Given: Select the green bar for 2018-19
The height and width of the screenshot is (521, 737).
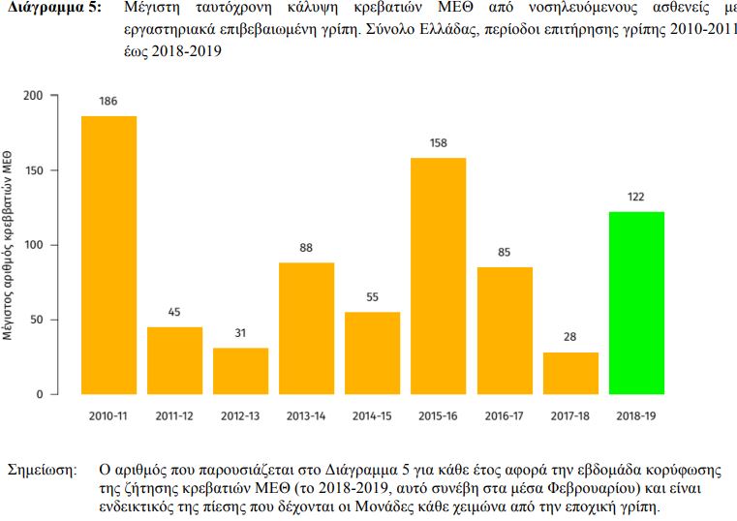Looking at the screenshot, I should [636, 302].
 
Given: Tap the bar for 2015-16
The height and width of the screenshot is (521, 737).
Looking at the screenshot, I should [438, 275].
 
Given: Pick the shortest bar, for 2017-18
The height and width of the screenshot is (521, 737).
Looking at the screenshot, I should [570, 373].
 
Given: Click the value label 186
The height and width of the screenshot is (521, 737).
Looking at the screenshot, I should [108, 102].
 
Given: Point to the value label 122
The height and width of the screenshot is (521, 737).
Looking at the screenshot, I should [636, 198].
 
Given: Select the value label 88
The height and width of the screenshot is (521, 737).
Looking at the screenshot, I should [306, 248].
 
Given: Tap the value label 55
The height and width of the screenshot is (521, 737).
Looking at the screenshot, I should [372, 297].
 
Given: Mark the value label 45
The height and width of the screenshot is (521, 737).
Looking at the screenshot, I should [174, 312].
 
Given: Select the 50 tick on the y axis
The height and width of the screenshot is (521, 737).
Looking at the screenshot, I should [36, 320].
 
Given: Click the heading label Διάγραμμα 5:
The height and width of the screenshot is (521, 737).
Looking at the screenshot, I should [52, 9].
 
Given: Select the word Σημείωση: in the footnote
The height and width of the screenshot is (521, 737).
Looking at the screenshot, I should [42, 470].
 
